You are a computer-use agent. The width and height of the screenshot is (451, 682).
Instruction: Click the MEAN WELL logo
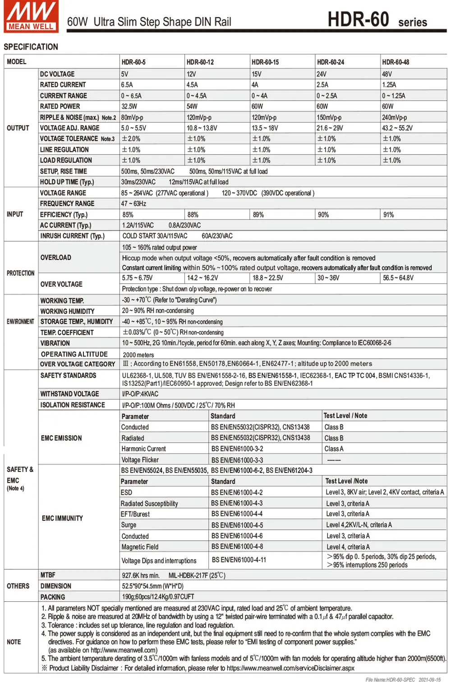pos(31,16)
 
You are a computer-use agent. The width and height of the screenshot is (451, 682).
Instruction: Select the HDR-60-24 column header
pos(330,62)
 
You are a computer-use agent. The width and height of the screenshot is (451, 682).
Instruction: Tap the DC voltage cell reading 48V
pos(387,74)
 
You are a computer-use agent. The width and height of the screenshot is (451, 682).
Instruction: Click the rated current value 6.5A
pos(127,85)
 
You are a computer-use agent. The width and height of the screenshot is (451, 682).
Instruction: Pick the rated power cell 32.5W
pos(129,106)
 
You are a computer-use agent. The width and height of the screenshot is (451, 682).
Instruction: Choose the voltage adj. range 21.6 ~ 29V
pos(330,128)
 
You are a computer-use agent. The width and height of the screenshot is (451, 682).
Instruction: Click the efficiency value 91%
pos(388,215)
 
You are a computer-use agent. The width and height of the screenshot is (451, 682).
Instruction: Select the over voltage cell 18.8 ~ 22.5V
pos(268,278)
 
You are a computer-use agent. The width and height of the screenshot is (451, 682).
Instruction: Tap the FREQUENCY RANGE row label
pos(67,204)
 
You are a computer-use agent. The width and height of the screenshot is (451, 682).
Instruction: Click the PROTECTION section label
pos(20,273)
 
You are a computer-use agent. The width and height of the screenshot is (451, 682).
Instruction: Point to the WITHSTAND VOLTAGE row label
pos(69,394)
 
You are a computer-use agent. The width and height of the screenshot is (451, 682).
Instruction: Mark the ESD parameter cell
pos(127,493)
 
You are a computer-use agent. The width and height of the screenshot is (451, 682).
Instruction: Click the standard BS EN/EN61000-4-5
pos(237,525)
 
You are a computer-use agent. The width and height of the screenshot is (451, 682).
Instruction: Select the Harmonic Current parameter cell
pos(143,449)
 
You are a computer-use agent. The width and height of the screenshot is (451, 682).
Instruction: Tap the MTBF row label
pos(48,575)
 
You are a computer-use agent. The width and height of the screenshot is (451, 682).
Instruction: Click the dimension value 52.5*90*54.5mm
pos(152,586)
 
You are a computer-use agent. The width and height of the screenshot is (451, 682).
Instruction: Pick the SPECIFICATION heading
pos(31,47)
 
